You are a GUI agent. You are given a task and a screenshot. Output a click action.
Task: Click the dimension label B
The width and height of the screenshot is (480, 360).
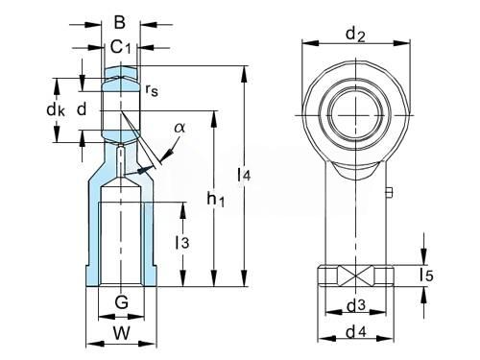pos(120,23)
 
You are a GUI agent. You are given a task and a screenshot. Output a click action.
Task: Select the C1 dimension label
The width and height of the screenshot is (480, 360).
pos(121,47)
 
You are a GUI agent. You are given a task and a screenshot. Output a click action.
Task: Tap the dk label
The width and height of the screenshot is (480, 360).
pos(56,110)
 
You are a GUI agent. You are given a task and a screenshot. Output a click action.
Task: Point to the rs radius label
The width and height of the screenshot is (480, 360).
pos(152,90)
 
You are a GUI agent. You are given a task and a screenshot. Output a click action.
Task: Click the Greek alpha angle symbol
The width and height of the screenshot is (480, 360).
pos(180,128)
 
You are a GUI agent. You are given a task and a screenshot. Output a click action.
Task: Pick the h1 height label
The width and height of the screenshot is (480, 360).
pos(216,199)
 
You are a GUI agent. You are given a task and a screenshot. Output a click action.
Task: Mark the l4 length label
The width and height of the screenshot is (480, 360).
pos(244,175)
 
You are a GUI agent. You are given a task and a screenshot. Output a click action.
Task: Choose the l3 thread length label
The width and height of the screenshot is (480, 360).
pos(182,242)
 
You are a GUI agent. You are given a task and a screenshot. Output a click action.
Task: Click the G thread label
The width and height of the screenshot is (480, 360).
pos(122,301)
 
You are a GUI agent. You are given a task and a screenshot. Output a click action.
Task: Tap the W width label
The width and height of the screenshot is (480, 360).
pos(122,333)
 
